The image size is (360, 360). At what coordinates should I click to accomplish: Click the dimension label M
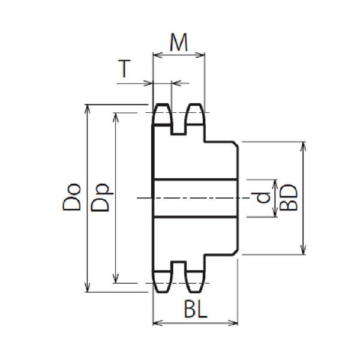pyautogui.click(x=179, y=43)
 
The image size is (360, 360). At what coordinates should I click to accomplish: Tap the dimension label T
pyautogui.click(x=124, y=68)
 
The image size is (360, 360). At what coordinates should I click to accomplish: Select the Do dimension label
pyautogui.click(x=71, y=197)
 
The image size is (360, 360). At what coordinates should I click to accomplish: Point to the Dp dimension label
pyautogui.click(x=100, y=197)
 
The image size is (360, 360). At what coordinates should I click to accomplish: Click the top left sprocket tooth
pyautogui.click(x=161, y=115)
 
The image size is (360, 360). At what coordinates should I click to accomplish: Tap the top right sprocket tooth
pyautogui.click(x=195, y=115)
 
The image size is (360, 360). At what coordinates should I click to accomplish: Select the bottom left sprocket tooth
pyautogui.click(x=162, y=282)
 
